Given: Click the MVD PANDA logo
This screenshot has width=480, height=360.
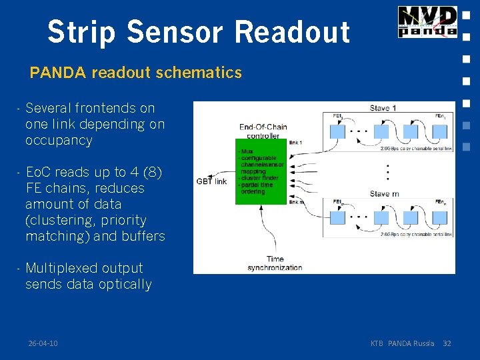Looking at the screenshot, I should coord(427,21).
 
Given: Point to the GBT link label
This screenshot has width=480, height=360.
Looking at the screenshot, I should coord(211,181).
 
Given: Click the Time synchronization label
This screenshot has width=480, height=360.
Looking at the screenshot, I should coord(275,263).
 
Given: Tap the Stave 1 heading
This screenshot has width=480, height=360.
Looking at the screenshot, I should coord(383,108).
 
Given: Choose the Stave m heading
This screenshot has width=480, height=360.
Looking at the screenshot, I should coord(385,194).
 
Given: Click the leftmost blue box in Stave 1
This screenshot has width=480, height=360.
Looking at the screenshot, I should coord(338,131).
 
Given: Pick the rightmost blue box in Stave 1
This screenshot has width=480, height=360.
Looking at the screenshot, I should coord(440,131).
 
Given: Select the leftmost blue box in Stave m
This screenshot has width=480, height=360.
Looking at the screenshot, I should coord(338,217).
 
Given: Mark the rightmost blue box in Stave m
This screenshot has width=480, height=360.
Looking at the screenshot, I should coord(440,217).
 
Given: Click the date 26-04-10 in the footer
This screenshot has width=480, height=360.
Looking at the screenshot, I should coord(43,343).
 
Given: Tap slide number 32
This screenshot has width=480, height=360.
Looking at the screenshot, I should coord(447,343).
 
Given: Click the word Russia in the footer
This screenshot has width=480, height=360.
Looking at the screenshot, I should coord(424,343).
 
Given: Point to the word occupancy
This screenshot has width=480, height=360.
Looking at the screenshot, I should coord(59,141).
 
